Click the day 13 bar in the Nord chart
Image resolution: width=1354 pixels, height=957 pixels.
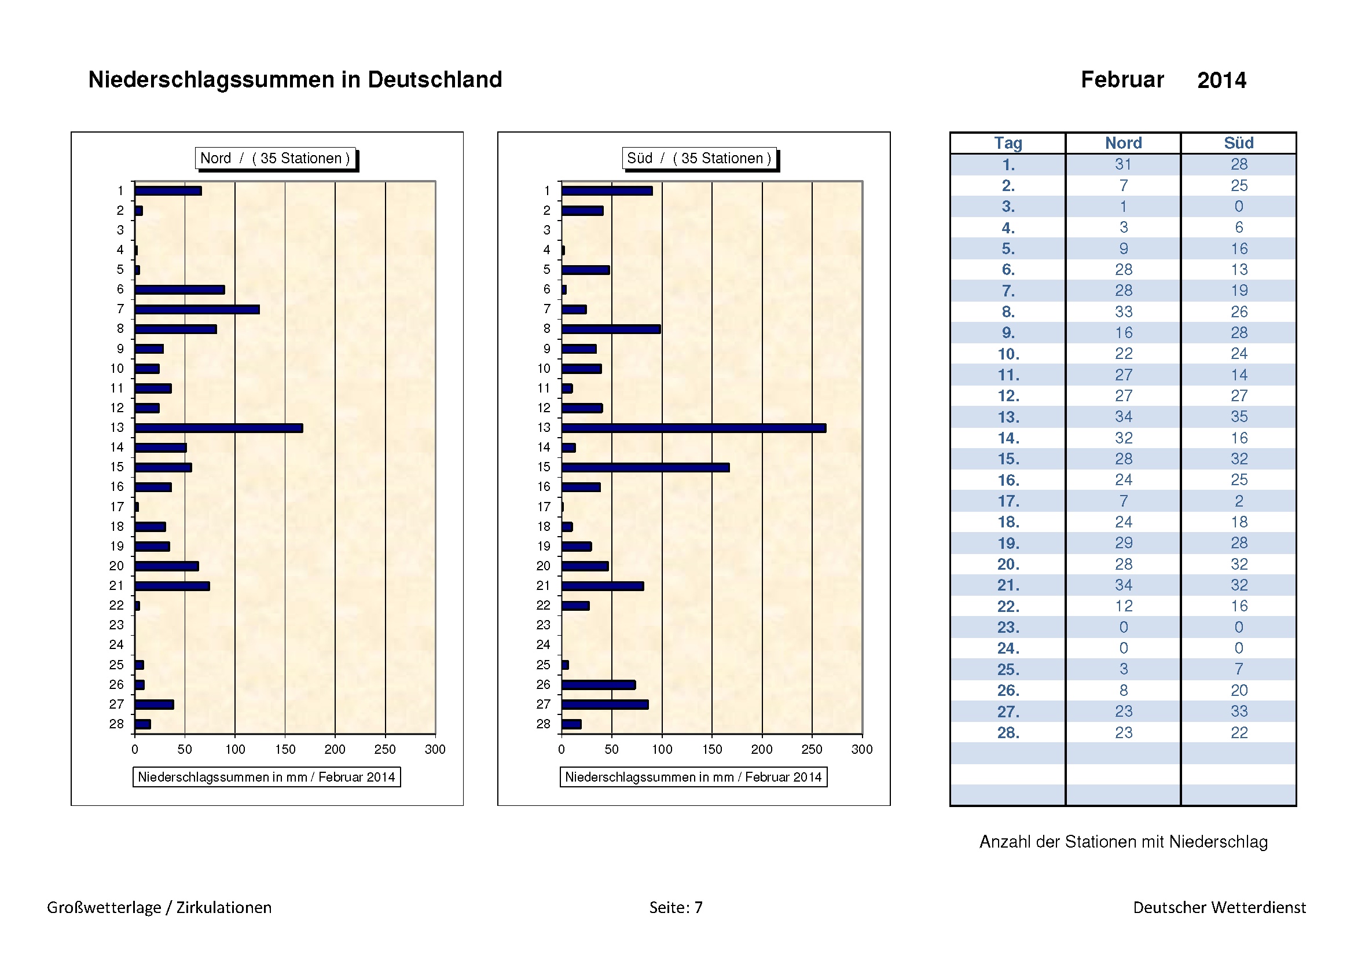[x=218, y=428]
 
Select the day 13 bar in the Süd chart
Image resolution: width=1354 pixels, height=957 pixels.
[x=693, y=428]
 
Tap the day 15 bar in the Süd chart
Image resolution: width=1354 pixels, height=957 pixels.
[x=645, y=468]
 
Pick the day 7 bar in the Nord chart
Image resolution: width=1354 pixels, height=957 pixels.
[x=197, y=310]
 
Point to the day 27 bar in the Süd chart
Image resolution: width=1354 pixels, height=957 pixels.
[x=604, y=705]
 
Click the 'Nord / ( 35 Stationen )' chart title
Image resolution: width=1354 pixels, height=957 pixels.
[x=276, y=158]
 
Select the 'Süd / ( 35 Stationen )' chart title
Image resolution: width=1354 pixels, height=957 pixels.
[x=699, y=158]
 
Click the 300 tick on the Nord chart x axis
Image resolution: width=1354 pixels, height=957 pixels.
[x=435, y=749]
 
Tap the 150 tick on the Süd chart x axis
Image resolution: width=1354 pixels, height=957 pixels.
[x=712, y=749]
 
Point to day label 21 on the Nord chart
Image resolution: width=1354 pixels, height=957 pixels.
[x=116, y=585]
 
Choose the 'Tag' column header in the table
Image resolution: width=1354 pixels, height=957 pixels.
[x=1008, y=143]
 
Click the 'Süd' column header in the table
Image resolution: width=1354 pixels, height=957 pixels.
[x=1238, y=143]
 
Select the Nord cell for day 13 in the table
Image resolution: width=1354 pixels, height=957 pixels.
[x=1124, y=417]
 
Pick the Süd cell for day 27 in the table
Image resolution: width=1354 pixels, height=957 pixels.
[x=1238, y=711]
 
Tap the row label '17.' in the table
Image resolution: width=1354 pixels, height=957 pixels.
[x=1008, y=501]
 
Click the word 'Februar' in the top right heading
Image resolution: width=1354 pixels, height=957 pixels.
[x=1122, y=79]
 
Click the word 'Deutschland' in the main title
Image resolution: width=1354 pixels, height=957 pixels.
[x=435, y=79]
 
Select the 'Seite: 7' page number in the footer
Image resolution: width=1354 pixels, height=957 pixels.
[x=676, y=907]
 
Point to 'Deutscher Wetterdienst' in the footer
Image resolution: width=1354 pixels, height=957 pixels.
[x=1219, y=907]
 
